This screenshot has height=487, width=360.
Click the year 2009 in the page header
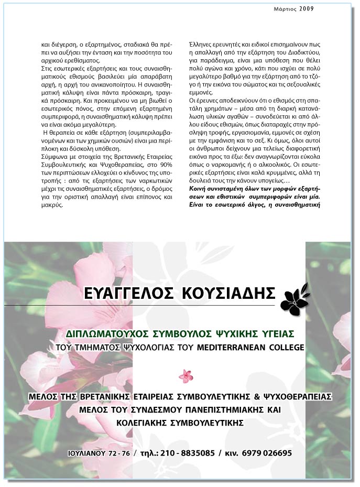point(307,8)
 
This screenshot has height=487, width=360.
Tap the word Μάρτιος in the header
point(286,8)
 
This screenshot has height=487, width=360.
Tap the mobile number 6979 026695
point(267,453)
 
